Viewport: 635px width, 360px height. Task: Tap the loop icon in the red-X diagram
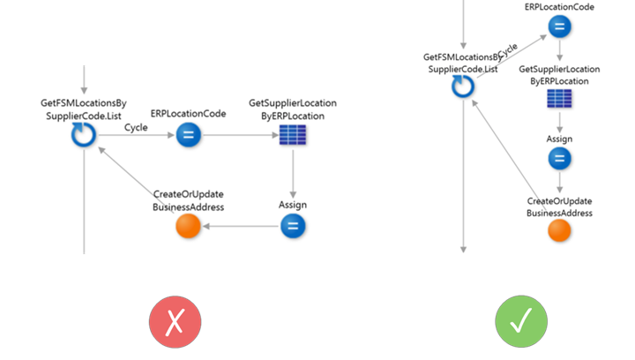(x=83, y=135)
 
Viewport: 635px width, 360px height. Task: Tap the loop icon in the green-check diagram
(x=462, y=86)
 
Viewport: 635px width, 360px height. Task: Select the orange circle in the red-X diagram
(x=190, y=227)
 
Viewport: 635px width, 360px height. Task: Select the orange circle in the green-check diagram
(x=559, y=230)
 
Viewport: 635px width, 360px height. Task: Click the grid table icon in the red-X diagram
(x=292, y=135)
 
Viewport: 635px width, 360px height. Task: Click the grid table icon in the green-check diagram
(x=559, y=99)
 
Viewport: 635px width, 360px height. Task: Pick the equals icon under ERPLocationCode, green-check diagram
(x=559, y=26)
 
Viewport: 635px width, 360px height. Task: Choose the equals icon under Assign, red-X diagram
(x=292, y=227)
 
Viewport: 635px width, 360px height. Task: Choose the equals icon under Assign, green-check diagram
(x=559, y=159)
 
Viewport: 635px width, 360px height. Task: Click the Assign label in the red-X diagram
(x=292, y=205)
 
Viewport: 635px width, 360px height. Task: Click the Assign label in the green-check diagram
(x=559, y=139)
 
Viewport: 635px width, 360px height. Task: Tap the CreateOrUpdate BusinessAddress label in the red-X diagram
(x=189, y=200)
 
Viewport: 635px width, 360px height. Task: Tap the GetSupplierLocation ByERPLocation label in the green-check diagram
(x=559, y=74)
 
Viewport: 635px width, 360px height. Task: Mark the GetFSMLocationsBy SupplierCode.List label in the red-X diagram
(x=83, y=109)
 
